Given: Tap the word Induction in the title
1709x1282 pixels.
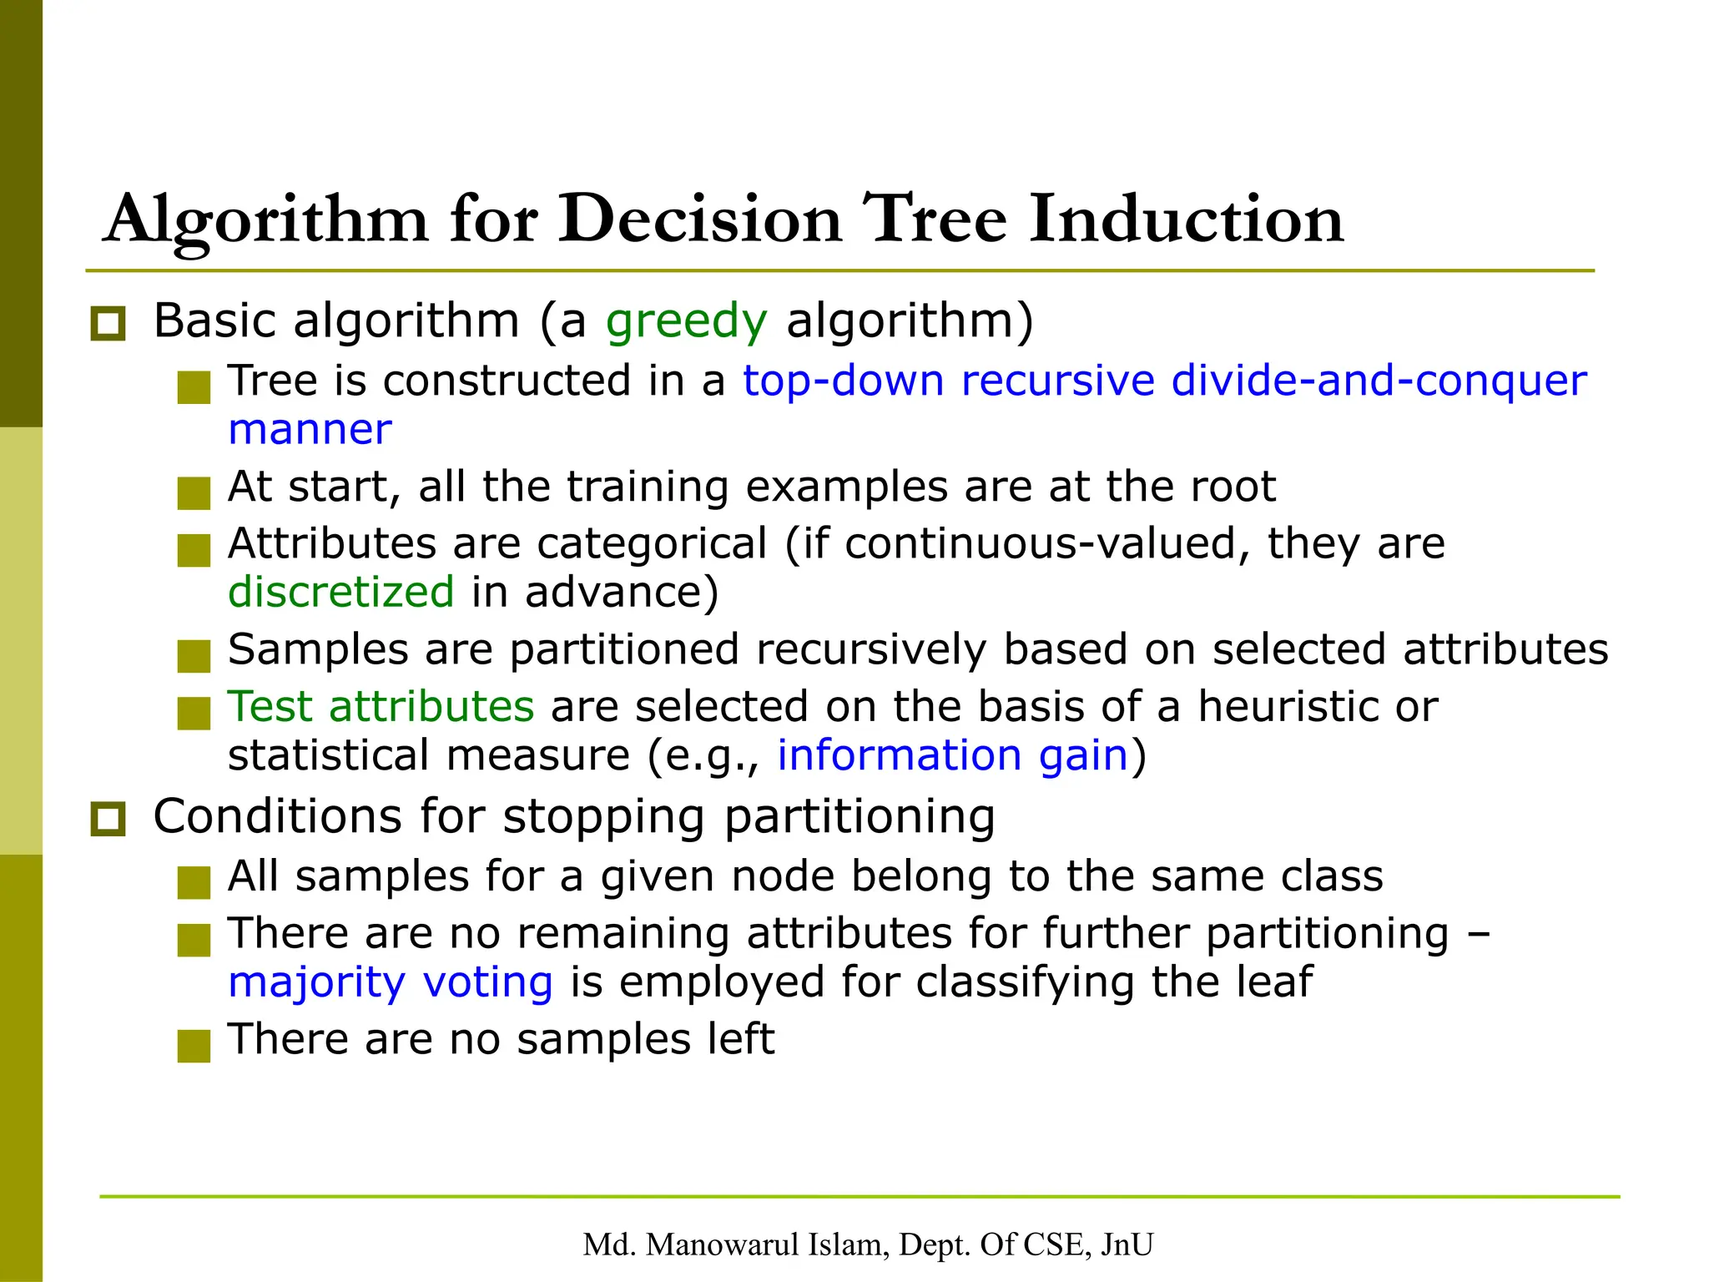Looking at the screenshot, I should click(x=1185, y=220).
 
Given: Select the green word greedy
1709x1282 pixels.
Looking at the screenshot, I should click(x=685, y=321).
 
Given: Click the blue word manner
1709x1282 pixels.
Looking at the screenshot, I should click(x=310, y=430).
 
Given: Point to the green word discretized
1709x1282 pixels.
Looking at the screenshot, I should click(x=340, y=593).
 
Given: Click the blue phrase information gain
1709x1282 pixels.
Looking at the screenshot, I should click(x=952, y=755).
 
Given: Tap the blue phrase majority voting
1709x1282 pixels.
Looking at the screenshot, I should click(x=391, y=982).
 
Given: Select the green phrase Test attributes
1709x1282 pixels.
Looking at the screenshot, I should click(x=381, y=707).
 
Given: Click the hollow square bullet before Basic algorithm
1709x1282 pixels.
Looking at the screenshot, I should click(x=108, y=324).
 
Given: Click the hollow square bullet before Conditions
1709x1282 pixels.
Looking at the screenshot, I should click(x=108, y=820).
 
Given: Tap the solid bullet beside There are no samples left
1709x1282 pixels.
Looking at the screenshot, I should click(x=194, y=1045).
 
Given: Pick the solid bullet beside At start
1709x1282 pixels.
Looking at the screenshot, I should click(x=194, y=492).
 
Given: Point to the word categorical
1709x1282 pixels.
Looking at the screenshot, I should click(x=652, y=544).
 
